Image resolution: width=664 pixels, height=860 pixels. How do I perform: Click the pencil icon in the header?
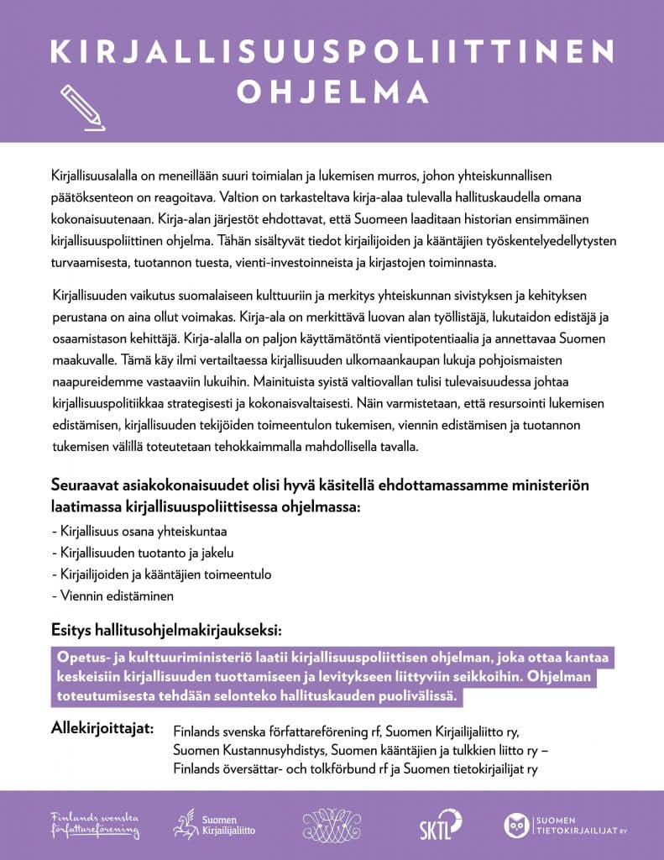pyautogui.click(x=82, y=107)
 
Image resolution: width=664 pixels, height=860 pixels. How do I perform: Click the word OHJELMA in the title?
pyautogui.click(x=332, y=92)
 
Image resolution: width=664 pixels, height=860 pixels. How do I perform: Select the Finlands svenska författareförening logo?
pyautogui.click(x=95, y=825)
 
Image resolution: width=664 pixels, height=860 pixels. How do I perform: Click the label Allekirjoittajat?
pyautogui.click(x=102, y=728)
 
